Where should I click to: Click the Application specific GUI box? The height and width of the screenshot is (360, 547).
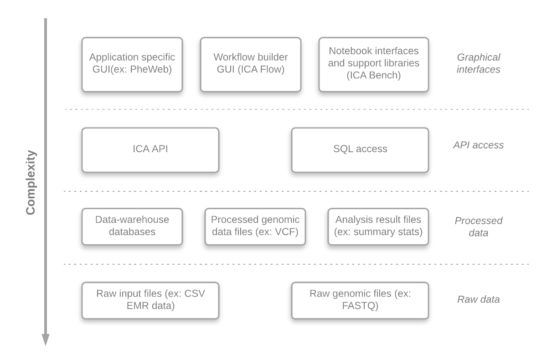[132, 64]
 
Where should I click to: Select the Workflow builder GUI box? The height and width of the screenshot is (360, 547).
[251, 64]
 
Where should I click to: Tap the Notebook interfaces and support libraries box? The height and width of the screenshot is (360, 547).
[374, 64]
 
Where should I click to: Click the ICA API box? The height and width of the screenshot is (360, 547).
[150, 150]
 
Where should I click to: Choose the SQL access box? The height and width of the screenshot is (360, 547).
[360, 150]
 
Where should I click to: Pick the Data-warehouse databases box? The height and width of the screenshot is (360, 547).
[132, 226]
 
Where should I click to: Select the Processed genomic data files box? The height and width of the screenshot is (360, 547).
[255, 226]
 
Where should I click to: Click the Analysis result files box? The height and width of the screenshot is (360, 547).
[378, 226]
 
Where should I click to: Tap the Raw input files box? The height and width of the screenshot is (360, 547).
[150, 300]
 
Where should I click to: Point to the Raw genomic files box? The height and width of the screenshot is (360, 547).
[360, 300]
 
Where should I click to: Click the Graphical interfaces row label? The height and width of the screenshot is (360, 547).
[478, 63]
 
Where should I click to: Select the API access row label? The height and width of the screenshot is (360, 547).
[478, 145]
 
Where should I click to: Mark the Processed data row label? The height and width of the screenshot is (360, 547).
[478, 226]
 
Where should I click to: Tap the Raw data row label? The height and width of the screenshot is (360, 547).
[478, 299]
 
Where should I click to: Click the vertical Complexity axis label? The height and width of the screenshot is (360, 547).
[31, 182]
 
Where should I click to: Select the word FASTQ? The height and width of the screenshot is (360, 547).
[360, 306]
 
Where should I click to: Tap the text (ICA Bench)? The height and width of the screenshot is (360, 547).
[374, 76]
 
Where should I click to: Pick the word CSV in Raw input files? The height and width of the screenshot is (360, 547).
[195, 293]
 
